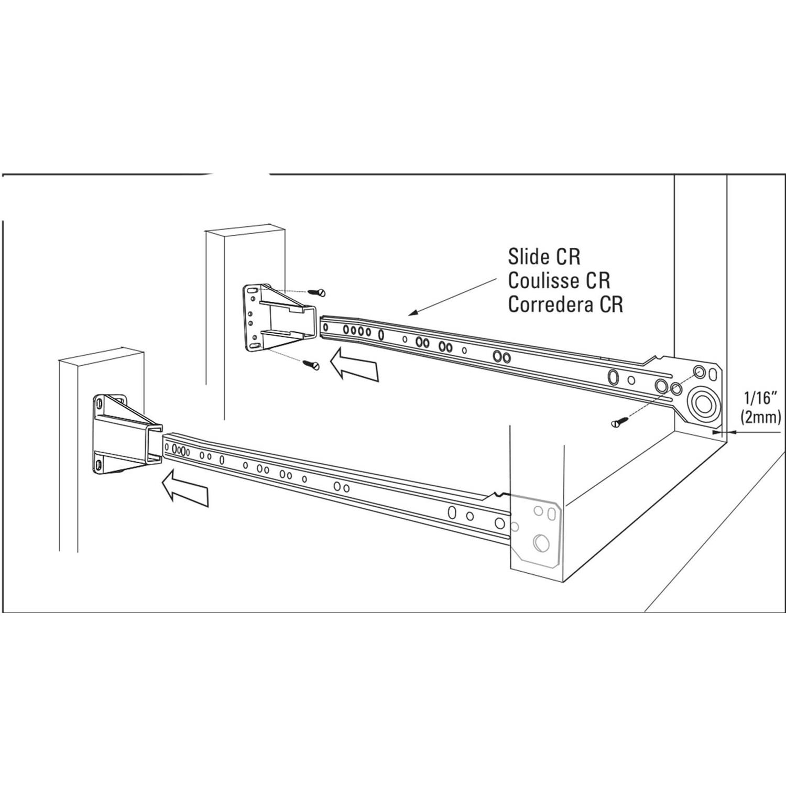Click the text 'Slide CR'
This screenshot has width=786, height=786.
coord(544,257)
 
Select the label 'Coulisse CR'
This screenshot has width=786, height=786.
coord(559,280)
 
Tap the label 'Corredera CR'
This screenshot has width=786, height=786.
coord(565,304)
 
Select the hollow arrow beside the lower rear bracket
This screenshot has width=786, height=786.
coord(185,488)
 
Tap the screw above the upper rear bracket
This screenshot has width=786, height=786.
coord(316,292)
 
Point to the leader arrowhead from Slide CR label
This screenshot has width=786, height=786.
coord(412,313)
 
